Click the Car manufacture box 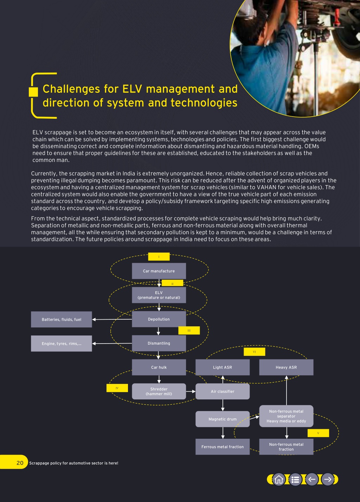pyautogui.click(x=159, y=271)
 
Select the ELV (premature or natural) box pyautogui.click(x=159, y=295)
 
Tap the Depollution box pyautogui.click(x=159, y=319)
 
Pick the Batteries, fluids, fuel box pyautogui.click(x=62, y=319)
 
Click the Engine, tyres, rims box pyautogui.click(x=62, y=343)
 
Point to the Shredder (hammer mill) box pyautogui.click(x=159, y=391)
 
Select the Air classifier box pyautogui.click(x=223, y=391)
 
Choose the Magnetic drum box pyautogui.click(x=223, y=419)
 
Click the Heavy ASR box pyautogui.click(x=286, y=367)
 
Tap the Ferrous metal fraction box pyautogui.click(x=223, y=446)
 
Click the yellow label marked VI pyautogui.click(x=254, y=352)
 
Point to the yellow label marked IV pyautogui.click(x=117, y=388)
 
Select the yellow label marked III pyautogui.click(x=189, y=330)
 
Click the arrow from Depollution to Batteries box pyautogui.click(x=112, y=319)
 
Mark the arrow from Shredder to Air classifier pyautogui.click(x=191, y=391)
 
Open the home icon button pyautogui.click(x=279, y=480)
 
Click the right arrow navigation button pyautogui.click(x=328, y=480)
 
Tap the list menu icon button pyautogui.click(x=295, y=480)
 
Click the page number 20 pyautogui.click(x=20, y=463)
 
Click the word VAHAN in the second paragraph pyautogui.click(x=266, y=187)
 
